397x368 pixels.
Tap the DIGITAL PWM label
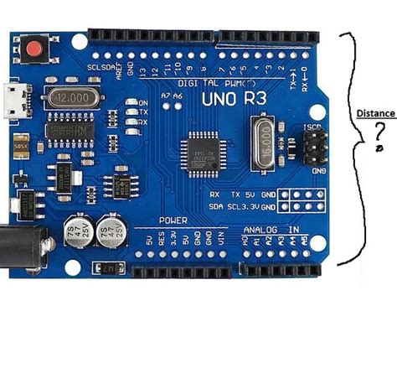(205, 83)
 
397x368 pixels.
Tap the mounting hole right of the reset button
(80, 39)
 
